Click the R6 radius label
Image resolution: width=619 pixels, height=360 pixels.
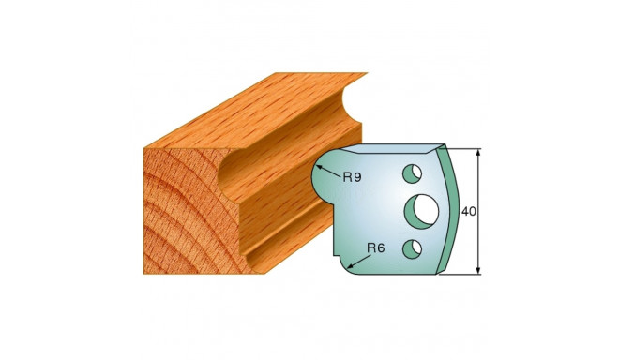pyautogui.click(x=375, y=247)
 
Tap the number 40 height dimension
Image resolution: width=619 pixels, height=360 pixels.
pyautogui.click(x=470, y=212)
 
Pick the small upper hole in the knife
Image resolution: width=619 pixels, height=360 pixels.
pyautogui.click(x=410, y=172)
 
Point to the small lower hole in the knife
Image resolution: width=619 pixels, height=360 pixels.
pyautogui.click(x=410, y=247)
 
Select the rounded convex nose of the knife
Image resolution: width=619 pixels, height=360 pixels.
pyautogui.click(x=320, y=178)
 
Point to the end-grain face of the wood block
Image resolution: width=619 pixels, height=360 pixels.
pyautogui.click(x=178, y=206)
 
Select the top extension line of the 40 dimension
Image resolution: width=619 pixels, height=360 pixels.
pyautogui.click(x=464, y=147)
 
